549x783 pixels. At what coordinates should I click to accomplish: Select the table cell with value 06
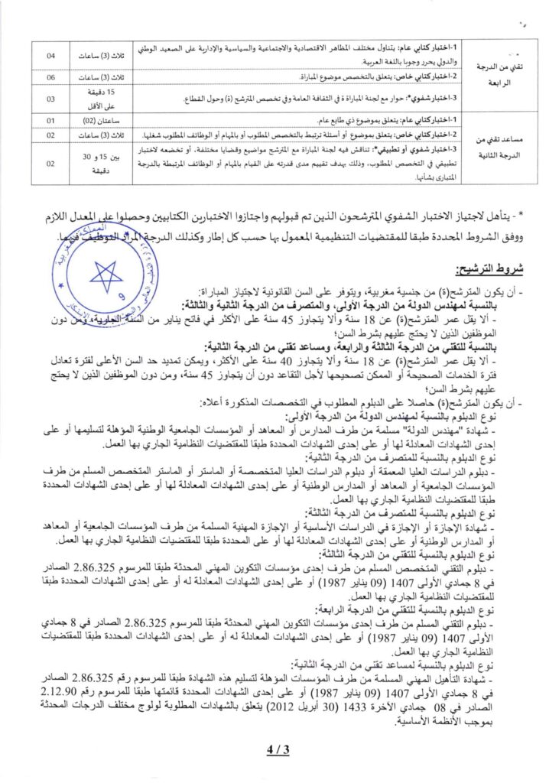(50, 78)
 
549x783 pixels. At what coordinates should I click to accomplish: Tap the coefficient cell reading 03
(50, 99)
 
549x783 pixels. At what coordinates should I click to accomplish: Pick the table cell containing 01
(50, 121)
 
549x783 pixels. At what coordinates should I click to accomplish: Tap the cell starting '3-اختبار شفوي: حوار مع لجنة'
(359, 99)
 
